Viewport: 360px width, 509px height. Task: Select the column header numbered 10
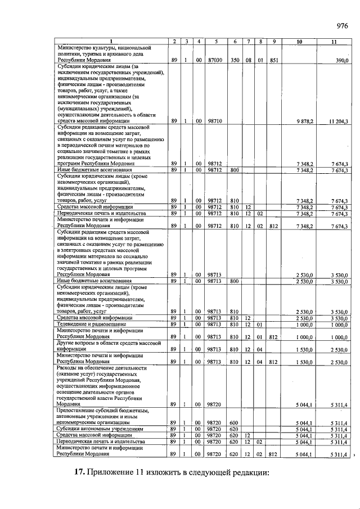tap(298, 42)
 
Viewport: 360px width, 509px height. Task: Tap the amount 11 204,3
tap(339, 121)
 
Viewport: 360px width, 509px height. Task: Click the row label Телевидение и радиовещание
tap(94, 325)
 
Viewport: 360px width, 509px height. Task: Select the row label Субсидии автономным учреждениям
tap(94, 429)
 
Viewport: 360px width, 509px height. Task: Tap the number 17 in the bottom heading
tap(79, 471)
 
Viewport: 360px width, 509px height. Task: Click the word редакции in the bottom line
tap(250, 471)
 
